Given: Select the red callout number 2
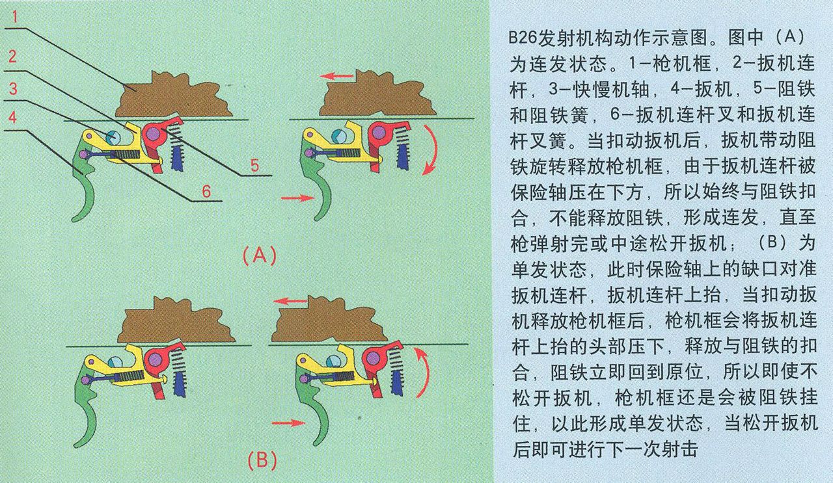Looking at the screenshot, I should [12, 57].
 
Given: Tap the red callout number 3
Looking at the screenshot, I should [12, 88].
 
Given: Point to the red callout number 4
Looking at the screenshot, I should [12, 118].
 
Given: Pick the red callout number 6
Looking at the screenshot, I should [206, 191].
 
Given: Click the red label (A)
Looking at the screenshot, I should [260, 255].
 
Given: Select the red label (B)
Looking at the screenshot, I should [262, 460].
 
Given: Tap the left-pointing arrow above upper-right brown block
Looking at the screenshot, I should [338, 76].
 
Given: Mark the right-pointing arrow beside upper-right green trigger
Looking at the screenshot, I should [294, 198].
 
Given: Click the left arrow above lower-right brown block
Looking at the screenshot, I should [290, 301].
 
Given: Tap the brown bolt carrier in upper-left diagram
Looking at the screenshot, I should [172, 98].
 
